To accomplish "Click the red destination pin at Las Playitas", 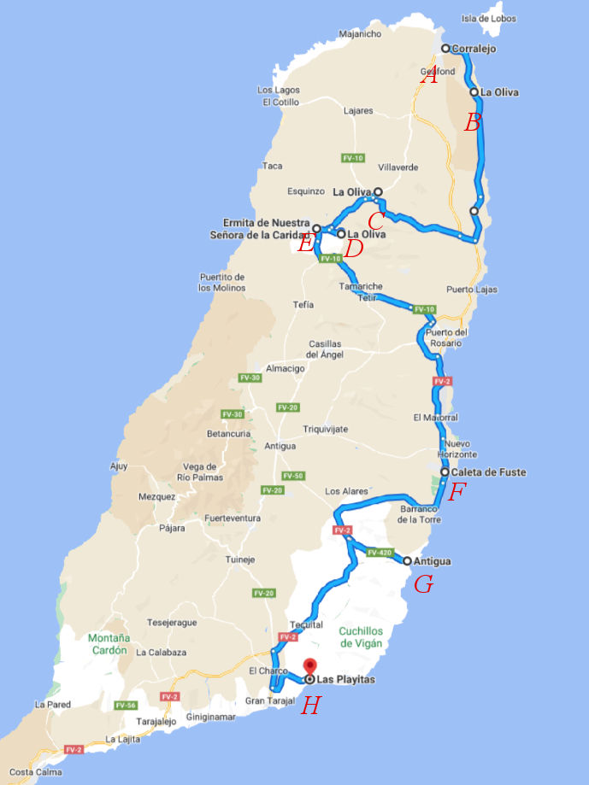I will [310, 667].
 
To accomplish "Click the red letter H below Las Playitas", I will [311, 706].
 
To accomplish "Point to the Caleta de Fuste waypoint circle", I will [445, 472].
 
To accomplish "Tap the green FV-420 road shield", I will [380, 553].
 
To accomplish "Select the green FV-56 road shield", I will [126, 706].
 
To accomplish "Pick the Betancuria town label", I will [227, 433].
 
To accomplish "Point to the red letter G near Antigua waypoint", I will [422, 584].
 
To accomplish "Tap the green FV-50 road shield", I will [293, 476].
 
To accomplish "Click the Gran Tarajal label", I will [269, 700].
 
